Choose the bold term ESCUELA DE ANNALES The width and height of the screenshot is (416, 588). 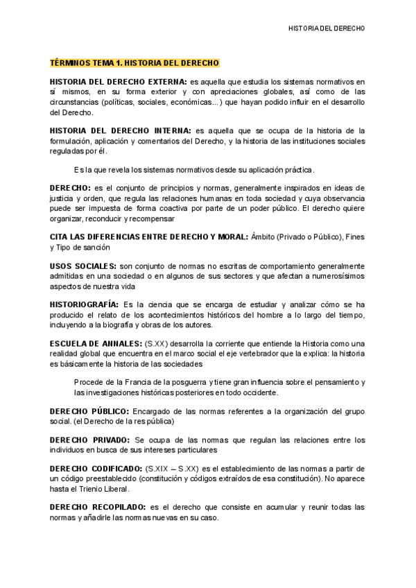tap(95, 343)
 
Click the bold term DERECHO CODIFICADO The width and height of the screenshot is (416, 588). tap(96, 469)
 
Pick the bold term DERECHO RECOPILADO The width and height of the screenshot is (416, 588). tap(98, 508)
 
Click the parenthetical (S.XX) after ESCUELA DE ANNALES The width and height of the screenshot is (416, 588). tap(154, 343)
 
